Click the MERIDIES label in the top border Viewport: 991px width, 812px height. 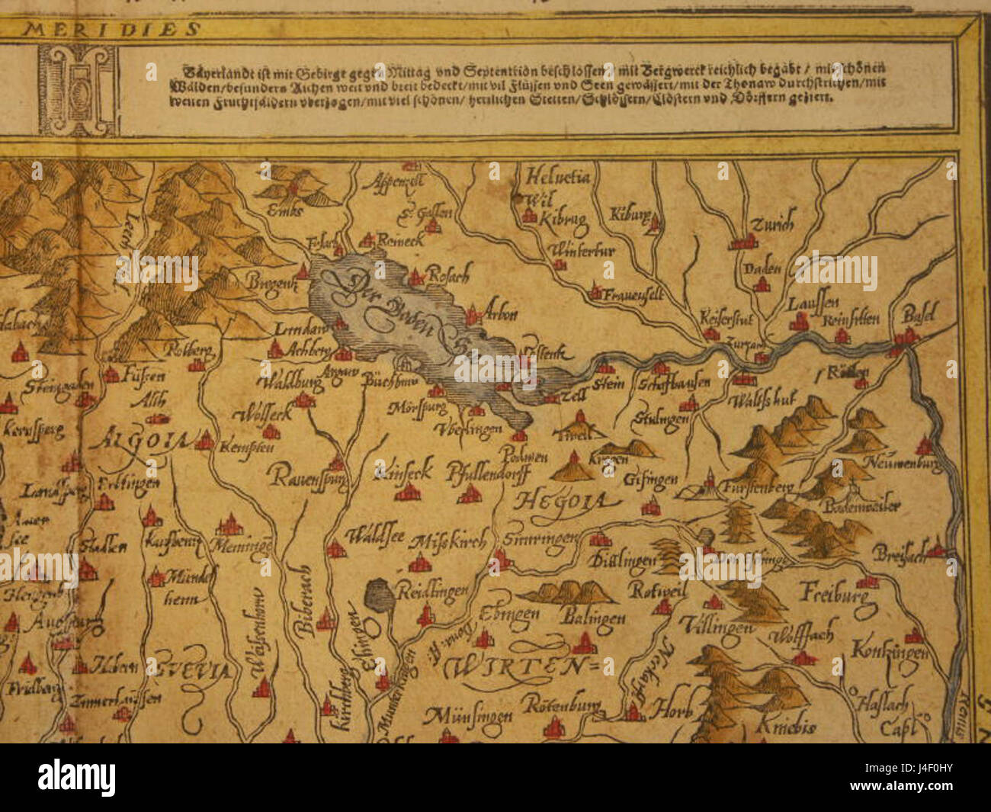click(111, 30)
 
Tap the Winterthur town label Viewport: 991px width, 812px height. click(581, 250)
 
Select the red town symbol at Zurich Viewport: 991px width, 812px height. click(742, 243)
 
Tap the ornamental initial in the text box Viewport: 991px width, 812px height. click(78, 90)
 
